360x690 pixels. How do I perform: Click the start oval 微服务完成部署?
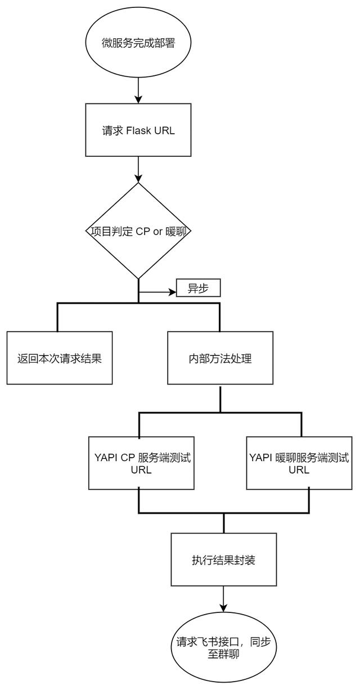[138, 44]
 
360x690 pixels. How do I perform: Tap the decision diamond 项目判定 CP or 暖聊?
[138, 230]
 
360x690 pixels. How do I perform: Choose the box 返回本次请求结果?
[59, 358]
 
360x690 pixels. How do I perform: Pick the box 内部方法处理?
[219, 358]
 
